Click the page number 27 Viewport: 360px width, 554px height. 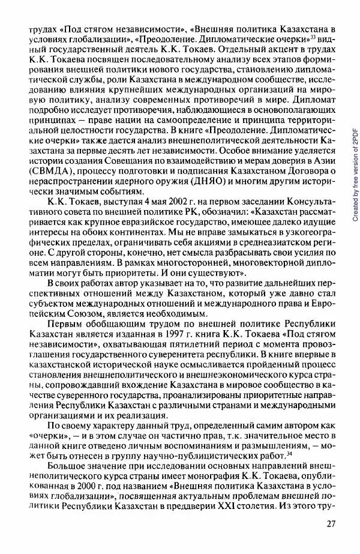pos(330,523)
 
